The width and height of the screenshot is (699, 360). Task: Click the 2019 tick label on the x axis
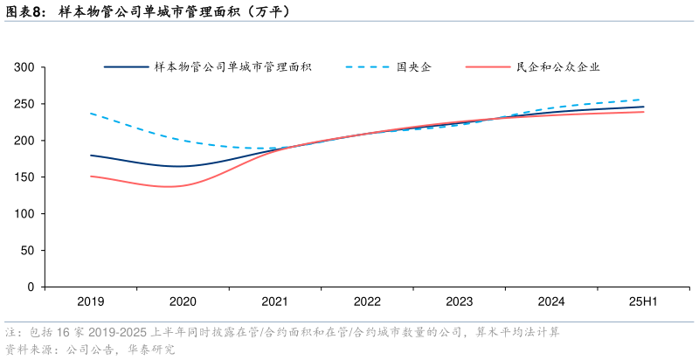tap(90, 301)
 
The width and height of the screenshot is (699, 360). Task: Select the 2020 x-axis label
tap(183, 301)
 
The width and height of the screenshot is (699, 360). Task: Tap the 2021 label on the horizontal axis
tap(274, 301)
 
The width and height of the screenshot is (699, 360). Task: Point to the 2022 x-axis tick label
tap(367, 301)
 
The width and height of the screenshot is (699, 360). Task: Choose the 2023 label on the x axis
tap(459, 301)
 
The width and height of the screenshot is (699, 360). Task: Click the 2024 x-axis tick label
tap(551, 301)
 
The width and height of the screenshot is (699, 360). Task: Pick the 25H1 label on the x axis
tap(643, 301)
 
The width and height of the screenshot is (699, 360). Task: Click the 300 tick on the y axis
tap(24, 67)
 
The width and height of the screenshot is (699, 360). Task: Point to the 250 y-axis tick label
tap(24, 104)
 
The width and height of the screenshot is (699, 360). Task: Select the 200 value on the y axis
tap(24, 141)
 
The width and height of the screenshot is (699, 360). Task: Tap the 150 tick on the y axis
tap(24, 177)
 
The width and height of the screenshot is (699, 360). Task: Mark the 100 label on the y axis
tap(24, 214)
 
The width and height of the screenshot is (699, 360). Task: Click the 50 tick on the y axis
tap(28, 251)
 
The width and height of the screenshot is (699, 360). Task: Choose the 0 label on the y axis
tap(31, 287)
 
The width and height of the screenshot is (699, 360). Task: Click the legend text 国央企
tap(413, 67)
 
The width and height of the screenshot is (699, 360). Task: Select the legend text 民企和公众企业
tap(557, 67)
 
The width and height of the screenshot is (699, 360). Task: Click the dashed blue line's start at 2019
tap(91, 114)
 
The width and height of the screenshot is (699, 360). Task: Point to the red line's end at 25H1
tap(644, 112)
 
